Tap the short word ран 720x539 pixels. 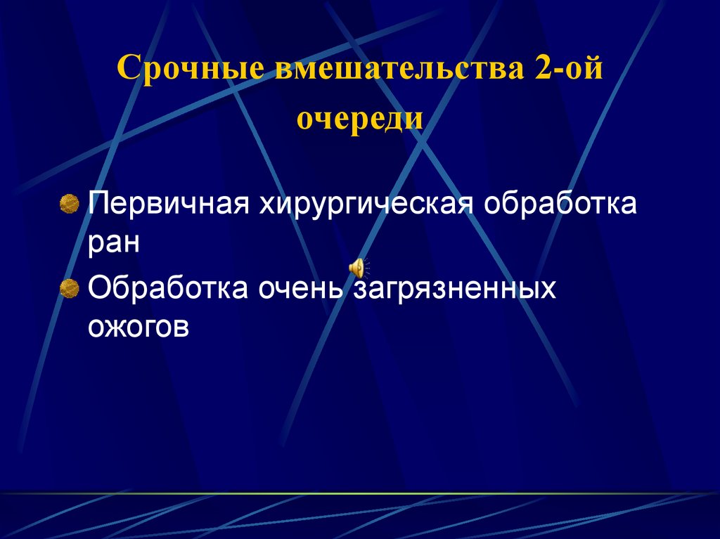[114, 244]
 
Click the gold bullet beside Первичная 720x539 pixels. [69, 204]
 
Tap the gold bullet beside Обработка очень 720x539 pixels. [69, 288]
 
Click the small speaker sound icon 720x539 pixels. [358, 267]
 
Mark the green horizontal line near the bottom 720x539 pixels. [360, 493]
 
